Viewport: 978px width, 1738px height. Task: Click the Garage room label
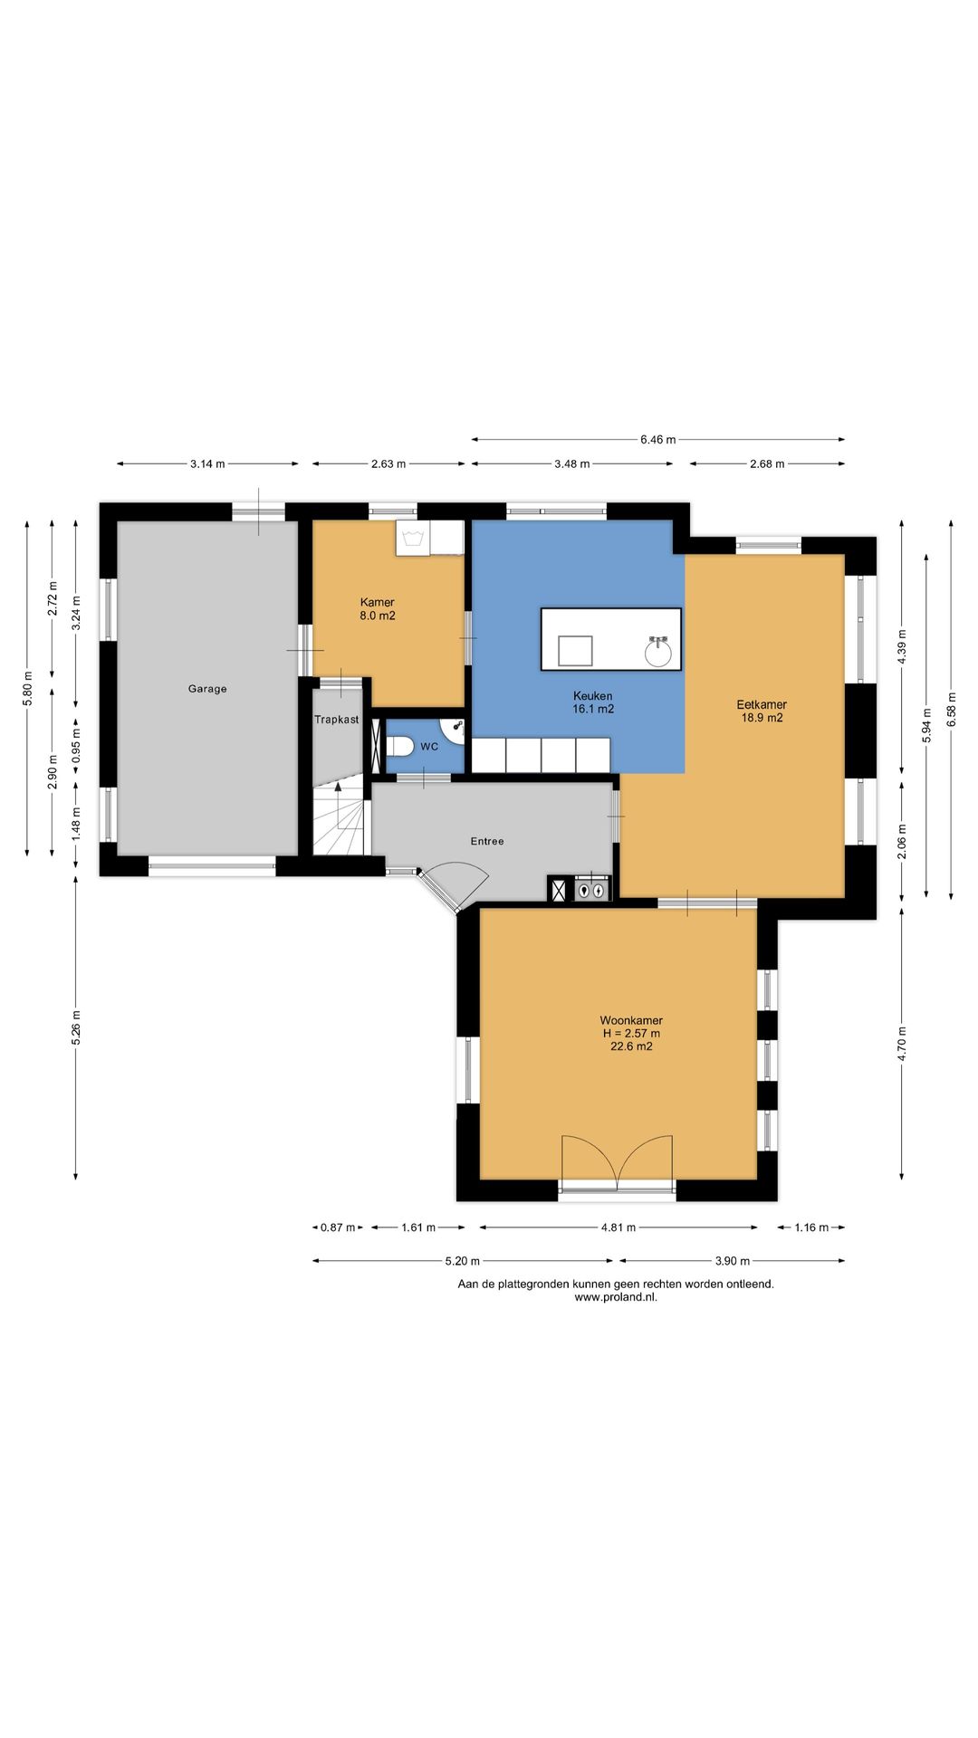(x=207, y=689)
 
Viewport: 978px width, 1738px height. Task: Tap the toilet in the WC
(x=400, y=746)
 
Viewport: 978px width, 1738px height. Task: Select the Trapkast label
(x=337, y=720)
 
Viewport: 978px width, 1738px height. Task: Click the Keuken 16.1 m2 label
(x=593, y=702)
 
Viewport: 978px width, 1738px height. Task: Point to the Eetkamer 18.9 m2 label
(x=762, y=711)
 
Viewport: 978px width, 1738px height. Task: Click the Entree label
(x=487, y=841)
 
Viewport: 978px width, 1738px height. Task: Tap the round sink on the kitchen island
(x=658, y=650)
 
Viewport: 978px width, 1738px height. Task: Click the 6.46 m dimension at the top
(x=658, y=440)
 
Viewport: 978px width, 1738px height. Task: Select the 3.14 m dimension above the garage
(x=207, y=463)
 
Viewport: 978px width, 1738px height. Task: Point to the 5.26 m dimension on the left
(x=76, y=1027)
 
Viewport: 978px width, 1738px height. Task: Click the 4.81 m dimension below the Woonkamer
(x=618, y=1227)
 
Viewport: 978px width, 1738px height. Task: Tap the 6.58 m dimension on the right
(x=951, y=710)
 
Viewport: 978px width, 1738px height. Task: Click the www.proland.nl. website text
(x=616, y=1296)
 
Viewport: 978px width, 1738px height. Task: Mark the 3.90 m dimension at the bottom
(x=732, y=1260)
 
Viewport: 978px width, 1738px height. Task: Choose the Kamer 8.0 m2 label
(x=378, y=608)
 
